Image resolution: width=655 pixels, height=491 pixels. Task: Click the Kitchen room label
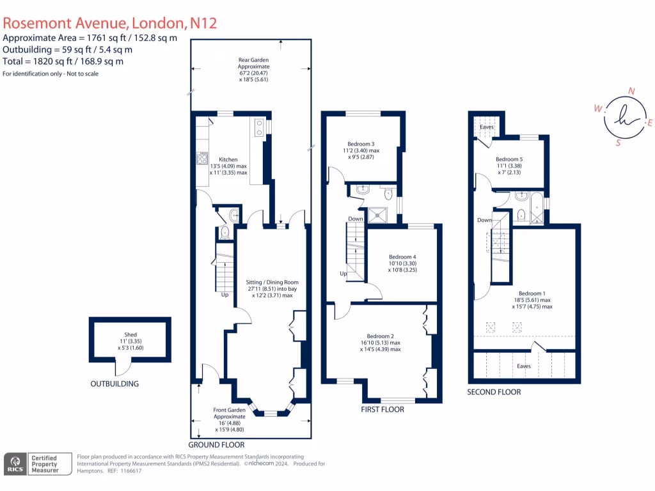(228, 160)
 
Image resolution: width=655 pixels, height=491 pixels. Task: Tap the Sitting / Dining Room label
(272, 282)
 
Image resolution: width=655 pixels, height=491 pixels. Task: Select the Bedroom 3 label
(361, 143)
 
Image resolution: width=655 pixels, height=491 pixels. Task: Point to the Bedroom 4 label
(403, 257)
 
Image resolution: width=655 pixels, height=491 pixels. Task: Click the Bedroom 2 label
(380, 336)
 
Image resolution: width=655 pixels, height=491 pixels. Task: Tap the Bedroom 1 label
(532, 293)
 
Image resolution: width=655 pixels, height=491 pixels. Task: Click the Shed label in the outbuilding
(130, 334)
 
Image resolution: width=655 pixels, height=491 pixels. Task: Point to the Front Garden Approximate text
(229, 413)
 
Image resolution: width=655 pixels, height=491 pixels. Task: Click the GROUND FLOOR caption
(216, 444)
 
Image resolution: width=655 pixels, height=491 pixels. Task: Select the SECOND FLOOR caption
(494, 392)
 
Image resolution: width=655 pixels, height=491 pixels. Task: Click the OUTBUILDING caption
(114, 384)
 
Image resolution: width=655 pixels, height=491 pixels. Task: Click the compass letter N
(631, 91)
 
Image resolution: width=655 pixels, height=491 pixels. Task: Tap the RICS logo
(15, 464)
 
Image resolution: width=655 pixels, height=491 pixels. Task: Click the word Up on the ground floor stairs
(225, 295)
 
